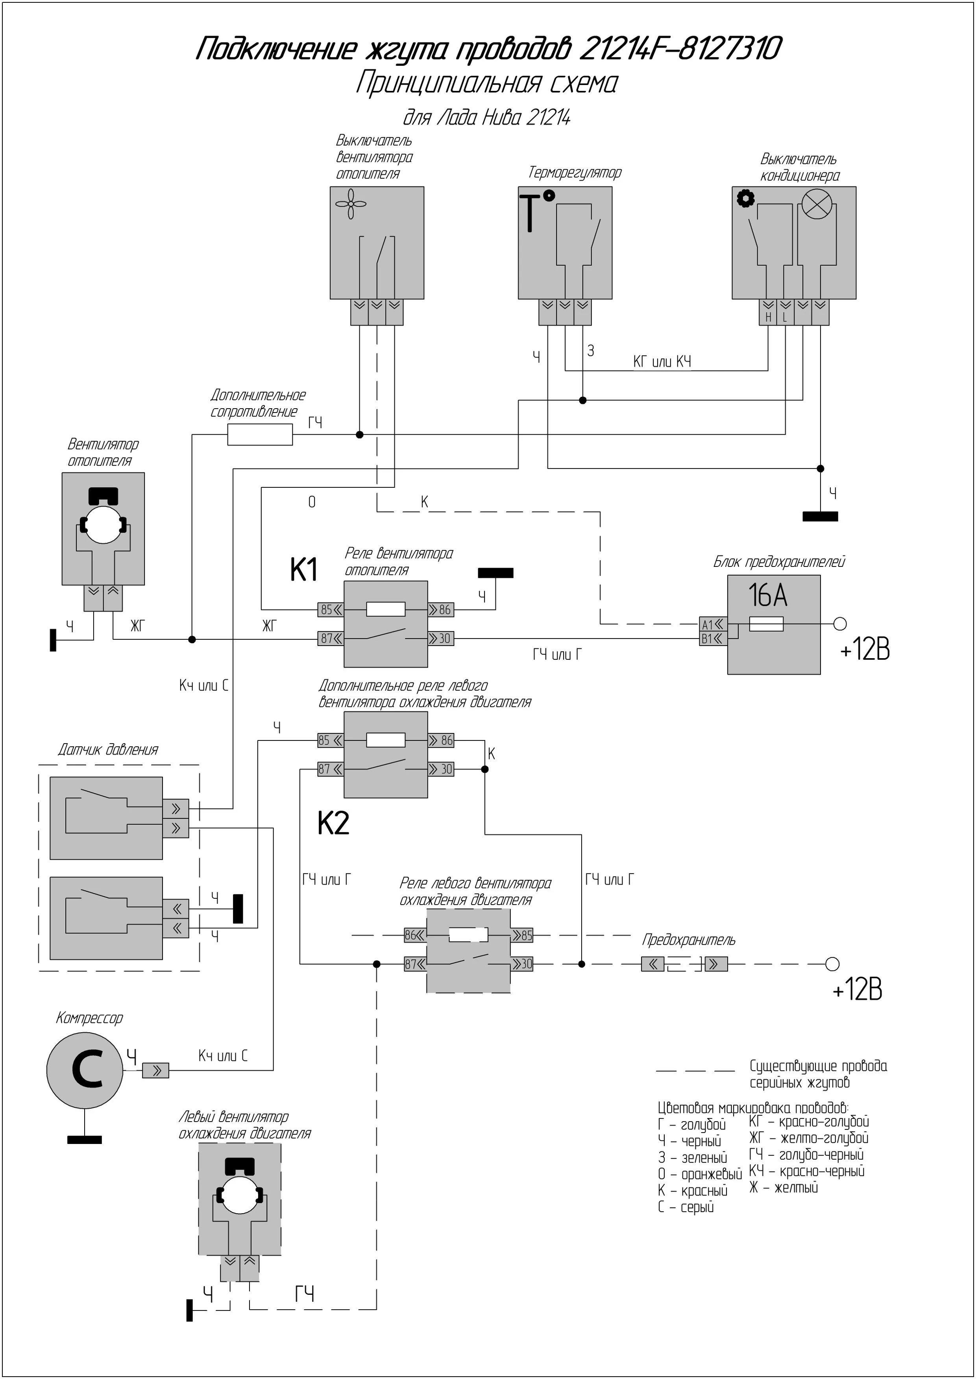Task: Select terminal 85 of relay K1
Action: (330, 609)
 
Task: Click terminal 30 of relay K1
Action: (441, 639)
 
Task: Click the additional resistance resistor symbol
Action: (260, 434)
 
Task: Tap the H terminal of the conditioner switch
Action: (768, 317)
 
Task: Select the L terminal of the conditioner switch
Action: (785, 317)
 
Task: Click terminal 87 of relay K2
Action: (330, 769)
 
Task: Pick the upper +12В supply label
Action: (864, 649)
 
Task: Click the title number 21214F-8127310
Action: (680, 49)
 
